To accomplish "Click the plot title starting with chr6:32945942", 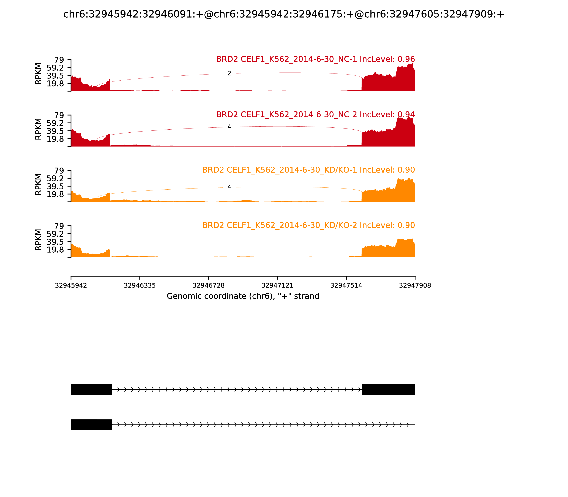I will pos(284,14).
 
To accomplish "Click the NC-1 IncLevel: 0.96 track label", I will pos(315,59).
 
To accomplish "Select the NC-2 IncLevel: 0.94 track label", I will pos(315,114).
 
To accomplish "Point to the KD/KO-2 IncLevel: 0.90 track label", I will pos(308,225).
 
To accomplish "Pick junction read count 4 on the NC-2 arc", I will pos(229,127).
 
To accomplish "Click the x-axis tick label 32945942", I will pos(71,285).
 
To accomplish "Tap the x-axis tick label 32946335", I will pos(140,285).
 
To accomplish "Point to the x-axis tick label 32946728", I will pos(209,285).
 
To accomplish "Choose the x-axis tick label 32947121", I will pos(277,285).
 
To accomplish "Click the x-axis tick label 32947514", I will pos(346,285).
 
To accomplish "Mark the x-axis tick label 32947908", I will pos(415,285).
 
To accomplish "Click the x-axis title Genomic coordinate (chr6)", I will pos(243,296).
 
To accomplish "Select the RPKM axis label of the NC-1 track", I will pos(38,74).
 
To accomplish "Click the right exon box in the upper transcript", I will pos(389,389).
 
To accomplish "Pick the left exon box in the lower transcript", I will pos(91,425).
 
